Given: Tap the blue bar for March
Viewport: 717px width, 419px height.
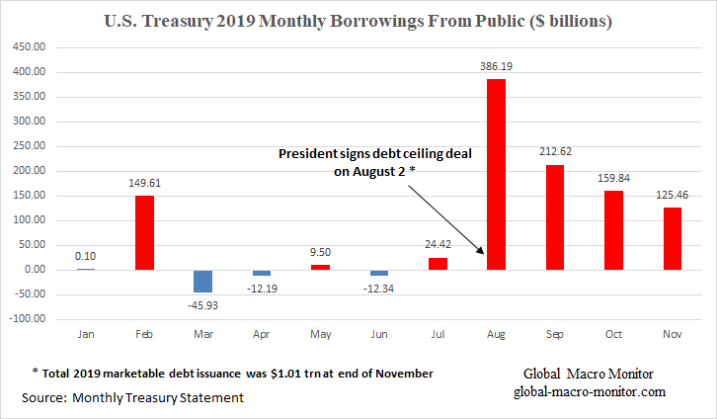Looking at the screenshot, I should pos(202,281).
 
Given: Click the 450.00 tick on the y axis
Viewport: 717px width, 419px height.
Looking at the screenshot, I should pos(32,47).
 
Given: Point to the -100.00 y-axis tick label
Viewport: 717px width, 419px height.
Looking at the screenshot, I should pos(30,319).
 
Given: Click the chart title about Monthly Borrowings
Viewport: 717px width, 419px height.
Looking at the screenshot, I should pos(358,21).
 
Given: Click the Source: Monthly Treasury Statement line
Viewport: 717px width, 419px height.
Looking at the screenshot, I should pos(125,396).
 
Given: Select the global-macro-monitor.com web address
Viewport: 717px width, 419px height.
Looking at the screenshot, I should pos(590,392).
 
